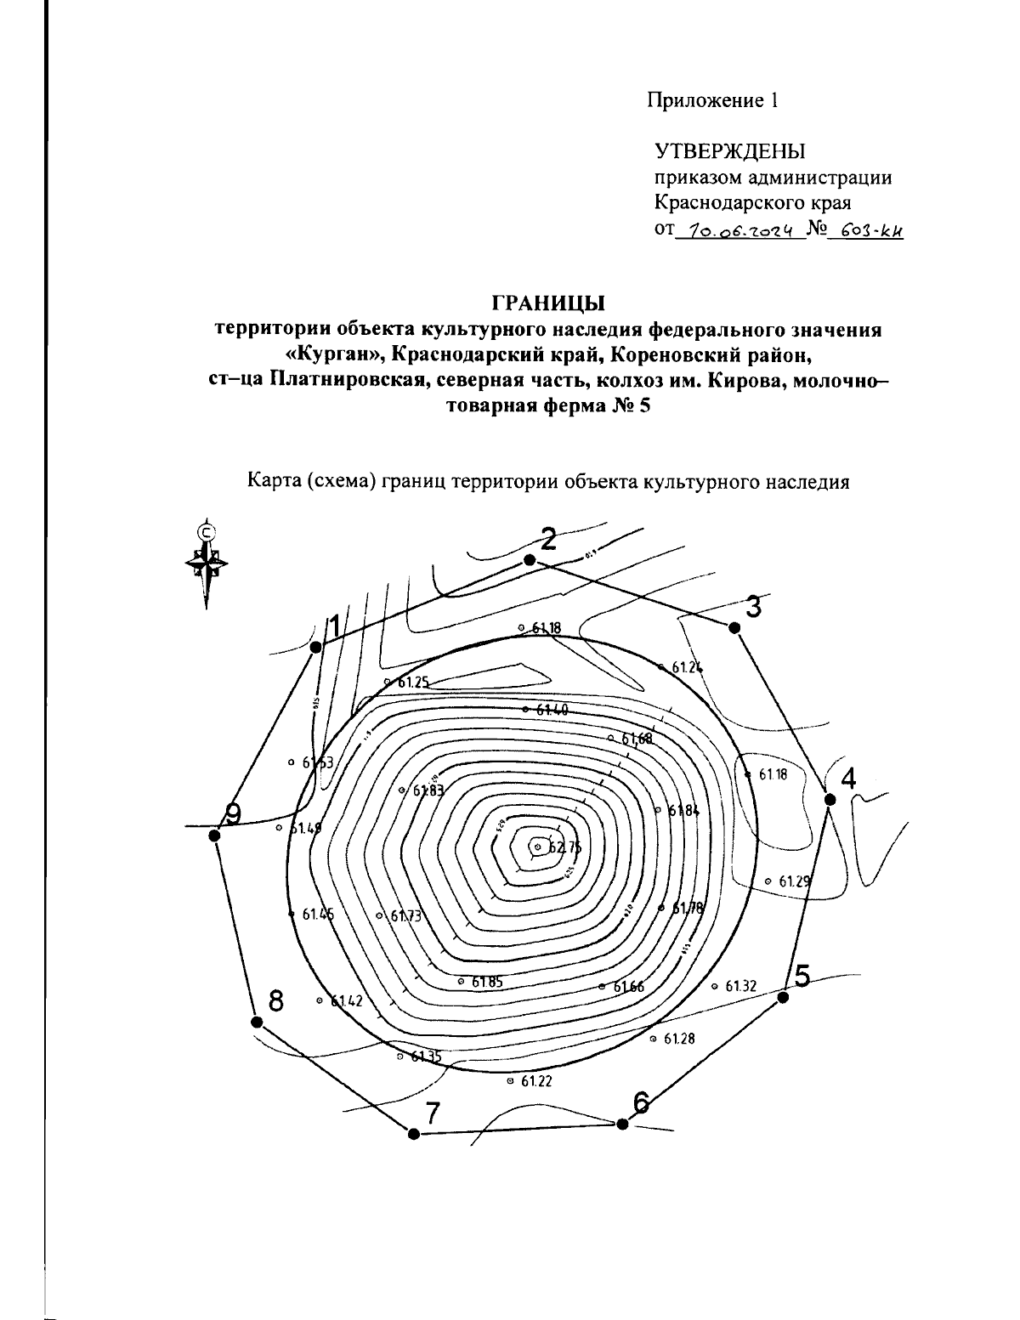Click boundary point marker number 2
pos(530,559)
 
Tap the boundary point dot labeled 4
pos(830,800)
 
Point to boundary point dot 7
pos(414,1134)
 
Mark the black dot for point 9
pos(214,836)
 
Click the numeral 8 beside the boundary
pos(275,1000)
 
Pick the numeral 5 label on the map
pos(802,976)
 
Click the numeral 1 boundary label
pos(334,626)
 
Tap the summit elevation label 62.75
pos(564,847)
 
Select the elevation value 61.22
pos(536,1081)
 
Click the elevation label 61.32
pos(740,986)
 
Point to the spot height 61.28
pos(679,1039)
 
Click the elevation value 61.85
pos(486,982)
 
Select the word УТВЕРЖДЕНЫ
pos(728,152)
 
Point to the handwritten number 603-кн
pos(864,229)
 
